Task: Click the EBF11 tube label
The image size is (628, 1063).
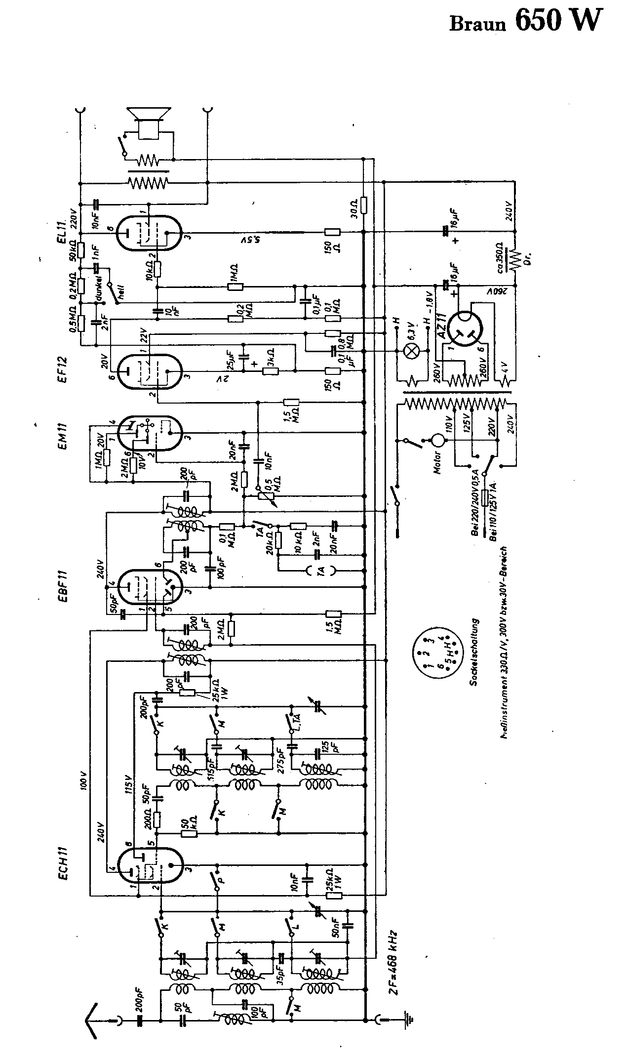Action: click(63, 585)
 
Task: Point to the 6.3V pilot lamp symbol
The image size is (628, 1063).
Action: click(412, 351)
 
